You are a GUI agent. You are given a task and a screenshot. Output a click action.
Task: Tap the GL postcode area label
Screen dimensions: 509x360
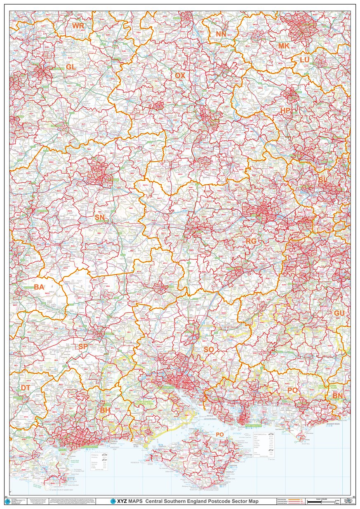coord(71,67)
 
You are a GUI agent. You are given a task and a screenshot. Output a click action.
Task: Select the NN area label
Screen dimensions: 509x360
coord(221,34)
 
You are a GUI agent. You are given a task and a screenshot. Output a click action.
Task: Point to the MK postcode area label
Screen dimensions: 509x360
coord(284,46)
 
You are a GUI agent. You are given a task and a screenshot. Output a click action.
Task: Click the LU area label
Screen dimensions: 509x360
coord(304,60)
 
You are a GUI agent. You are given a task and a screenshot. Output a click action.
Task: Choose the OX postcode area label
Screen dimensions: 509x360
coord(180,75)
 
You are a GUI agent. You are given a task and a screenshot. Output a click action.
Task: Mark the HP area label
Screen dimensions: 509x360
coord(285,111)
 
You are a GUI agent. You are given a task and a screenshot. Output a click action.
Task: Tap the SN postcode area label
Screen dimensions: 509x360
coord(99,217)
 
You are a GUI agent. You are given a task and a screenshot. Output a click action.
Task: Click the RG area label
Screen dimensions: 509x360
coord(251,240)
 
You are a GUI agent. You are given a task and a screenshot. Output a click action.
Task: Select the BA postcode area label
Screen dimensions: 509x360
coord(39,287)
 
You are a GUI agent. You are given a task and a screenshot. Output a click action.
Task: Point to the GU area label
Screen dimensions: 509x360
coord(339,313)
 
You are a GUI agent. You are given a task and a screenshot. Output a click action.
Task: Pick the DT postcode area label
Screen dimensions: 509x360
coord(26,388)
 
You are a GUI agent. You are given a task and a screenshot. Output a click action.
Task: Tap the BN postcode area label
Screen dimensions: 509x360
coord(337,396)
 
